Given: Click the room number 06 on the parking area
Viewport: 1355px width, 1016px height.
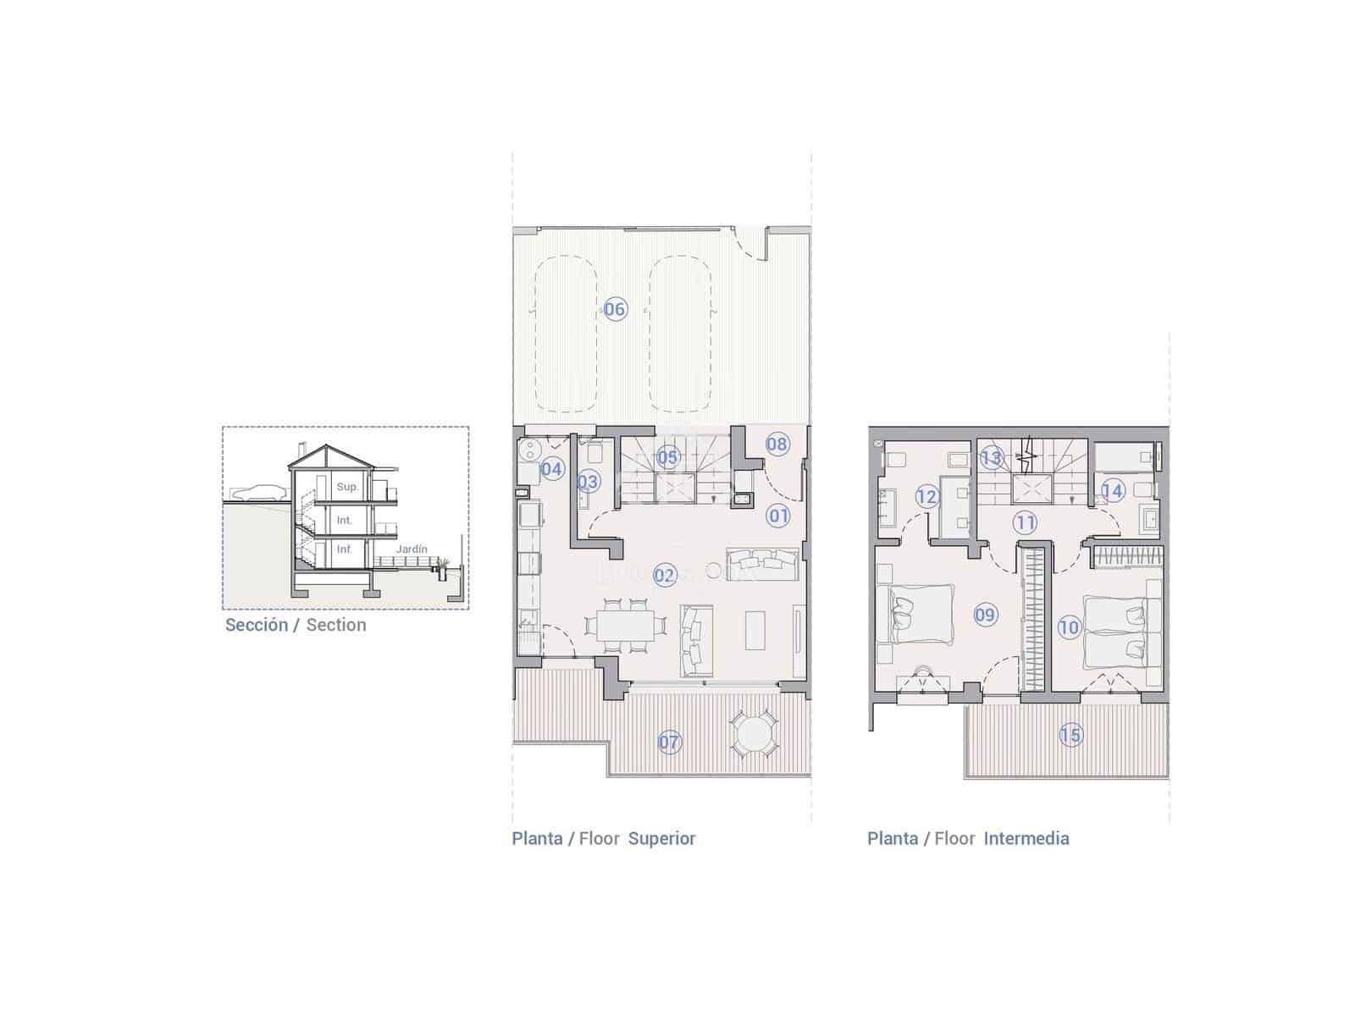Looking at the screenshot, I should [x=615, y=309].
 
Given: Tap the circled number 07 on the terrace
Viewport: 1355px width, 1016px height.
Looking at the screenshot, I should [x=669, y=743].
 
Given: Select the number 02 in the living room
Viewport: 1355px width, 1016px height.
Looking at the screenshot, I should [x=665, y=576].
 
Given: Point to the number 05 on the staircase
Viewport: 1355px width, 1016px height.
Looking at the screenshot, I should [x=667, y=457].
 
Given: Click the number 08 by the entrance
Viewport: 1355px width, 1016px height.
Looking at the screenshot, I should [x=777, y=443].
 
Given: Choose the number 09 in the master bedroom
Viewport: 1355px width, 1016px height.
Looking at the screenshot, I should [x=985, y=614].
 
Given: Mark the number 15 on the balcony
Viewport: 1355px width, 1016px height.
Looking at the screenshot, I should [x=1070, y=734].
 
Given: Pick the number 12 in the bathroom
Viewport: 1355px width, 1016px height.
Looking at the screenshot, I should [x=926, y=496].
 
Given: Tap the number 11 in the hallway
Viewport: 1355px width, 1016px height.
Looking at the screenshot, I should [x=1025, y=522].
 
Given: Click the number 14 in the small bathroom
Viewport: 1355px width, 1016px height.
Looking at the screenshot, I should [x=1112, y=490].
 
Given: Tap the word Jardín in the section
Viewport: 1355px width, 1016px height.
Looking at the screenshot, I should [x=412, y=549].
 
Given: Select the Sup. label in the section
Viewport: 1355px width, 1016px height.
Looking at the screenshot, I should [x=347, y=487].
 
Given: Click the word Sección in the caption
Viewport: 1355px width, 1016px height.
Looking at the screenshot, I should [x=256, y=625].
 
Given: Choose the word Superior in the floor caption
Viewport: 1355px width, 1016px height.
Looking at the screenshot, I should [x=661, y=838].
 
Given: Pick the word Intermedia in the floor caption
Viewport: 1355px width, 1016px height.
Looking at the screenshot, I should [x=1026, y=838].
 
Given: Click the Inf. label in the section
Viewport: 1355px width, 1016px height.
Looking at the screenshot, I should [x=345, y=549].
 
